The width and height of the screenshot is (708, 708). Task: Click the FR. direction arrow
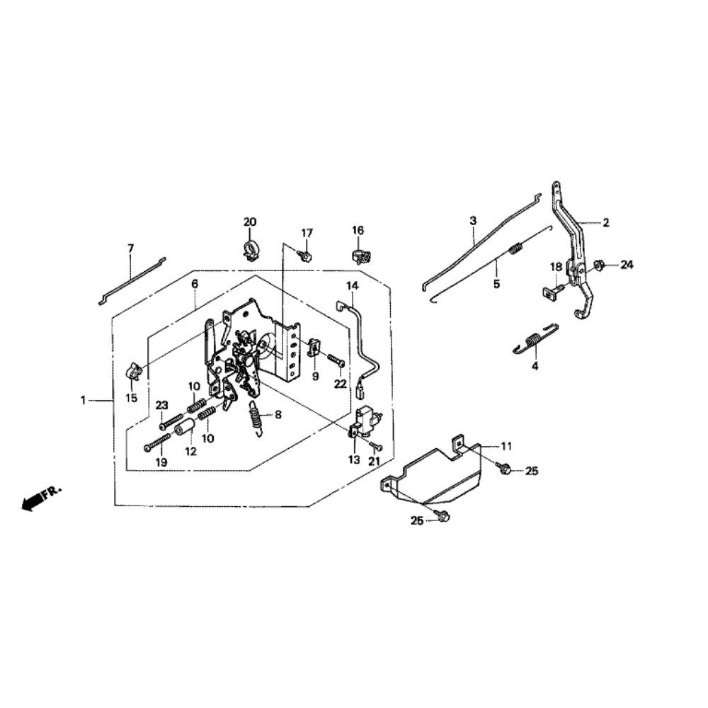click(x=32, y=501)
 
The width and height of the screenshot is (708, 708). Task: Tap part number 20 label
click(x=250, y=222)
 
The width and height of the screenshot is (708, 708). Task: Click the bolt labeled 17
click(x=306, y=253)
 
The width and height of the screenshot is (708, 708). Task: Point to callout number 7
click(x=130, y=249)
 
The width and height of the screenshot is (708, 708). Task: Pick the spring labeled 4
click(x=536, y=339)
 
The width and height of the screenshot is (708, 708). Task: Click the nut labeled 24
click(x=599, y=265)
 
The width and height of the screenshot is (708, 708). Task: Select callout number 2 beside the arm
click(x=606, y=222)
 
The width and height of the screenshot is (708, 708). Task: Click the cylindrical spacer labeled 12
click(x=185, y=429)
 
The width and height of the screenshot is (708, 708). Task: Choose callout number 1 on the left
click(x=83, y=401)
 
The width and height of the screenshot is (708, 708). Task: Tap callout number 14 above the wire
click(x=352, y=285)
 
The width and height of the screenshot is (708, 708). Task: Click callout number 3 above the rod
click(x=473, y=221)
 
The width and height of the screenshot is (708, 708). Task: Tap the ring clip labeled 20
click(x=250, y=249)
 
